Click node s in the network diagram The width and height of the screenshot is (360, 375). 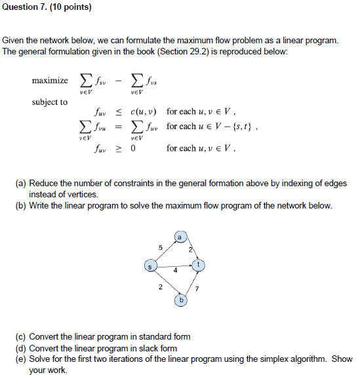click(x=150, y=266)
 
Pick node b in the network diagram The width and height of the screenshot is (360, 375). click(x=182, y=300)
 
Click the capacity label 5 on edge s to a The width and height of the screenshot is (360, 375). click(x=160, y=247)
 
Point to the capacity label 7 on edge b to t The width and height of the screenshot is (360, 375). click(x=196, y=288)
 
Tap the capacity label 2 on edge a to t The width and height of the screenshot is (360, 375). click(x=190, y=248)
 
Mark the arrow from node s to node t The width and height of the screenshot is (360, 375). click(x=174, y=266)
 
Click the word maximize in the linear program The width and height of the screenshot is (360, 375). click(x=50, y=81)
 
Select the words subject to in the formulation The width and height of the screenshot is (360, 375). click(x=50, y=102)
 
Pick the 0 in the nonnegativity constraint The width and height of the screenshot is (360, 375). click(x=132, y=148)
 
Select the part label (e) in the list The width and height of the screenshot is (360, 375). click(x=21, y=359)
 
